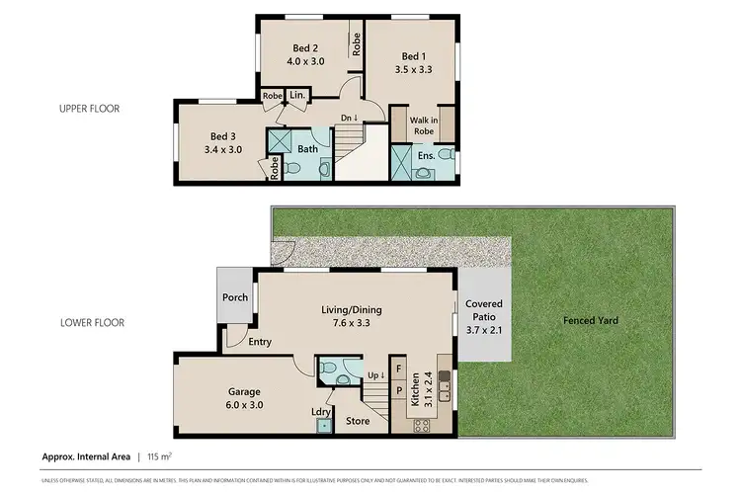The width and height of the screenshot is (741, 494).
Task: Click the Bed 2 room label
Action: (x=305, y=47)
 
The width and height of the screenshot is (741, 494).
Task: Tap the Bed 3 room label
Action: (x=223, y=136)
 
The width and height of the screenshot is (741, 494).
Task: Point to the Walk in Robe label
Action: (x=424, y=125)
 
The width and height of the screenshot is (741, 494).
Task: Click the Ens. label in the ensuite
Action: (x=426, y=154)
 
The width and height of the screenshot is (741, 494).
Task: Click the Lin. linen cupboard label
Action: (x=296, y=96)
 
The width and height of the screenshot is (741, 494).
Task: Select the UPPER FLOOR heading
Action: (x=90, y=109)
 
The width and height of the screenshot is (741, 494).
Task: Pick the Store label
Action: (x=357, y=422)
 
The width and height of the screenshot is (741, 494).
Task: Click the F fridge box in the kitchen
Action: (x=399, y=370)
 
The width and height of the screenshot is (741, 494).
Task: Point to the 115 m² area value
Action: (x=159, y=456)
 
